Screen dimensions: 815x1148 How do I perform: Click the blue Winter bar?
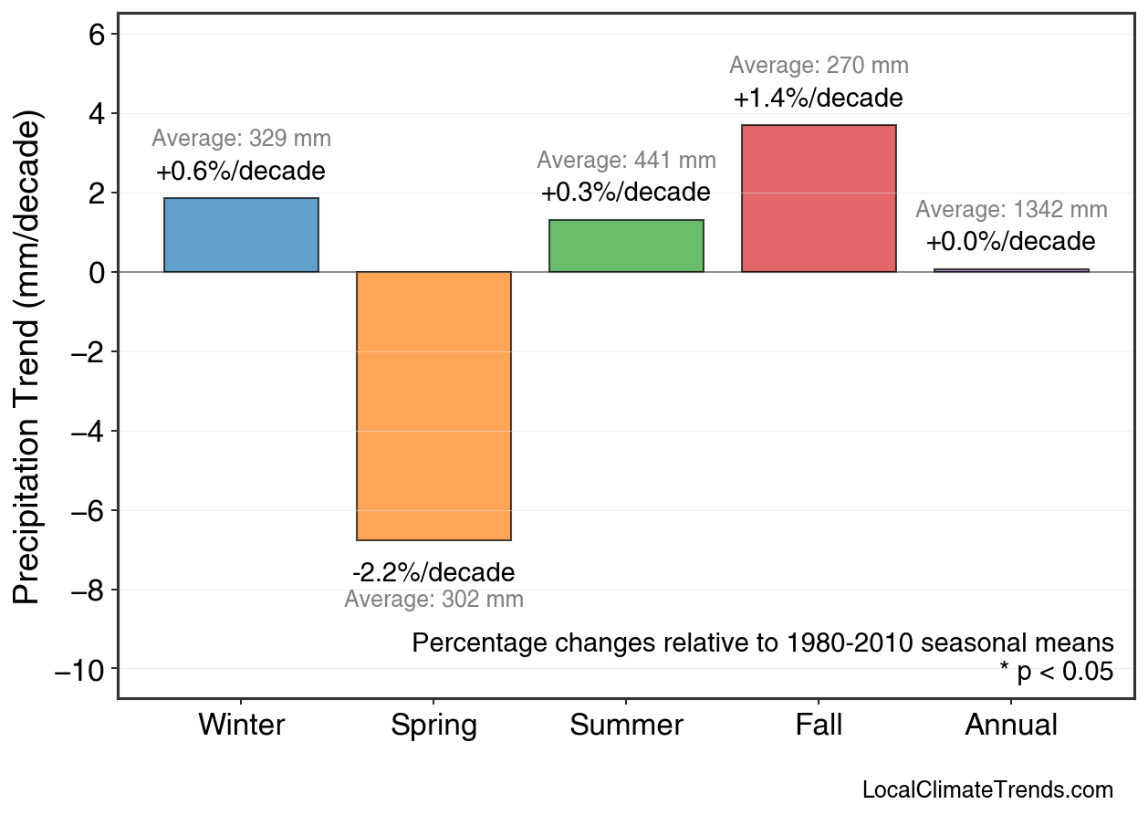241,235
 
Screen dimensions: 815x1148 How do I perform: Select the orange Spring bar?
433,406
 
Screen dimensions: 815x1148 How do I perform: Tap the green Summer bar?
626,246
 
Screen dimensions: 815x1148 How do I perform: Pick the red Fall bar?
819,198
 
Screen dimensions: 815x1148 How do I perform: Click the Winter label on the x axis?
241,726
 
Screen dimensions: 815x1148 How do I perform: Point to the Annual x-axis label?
1011,726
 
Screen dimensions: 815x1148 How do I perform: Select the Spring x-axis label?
433,726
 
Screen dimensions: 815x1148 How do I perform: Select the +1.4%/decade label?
818,98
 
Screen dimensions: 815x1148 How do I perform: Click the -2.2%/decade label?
433,572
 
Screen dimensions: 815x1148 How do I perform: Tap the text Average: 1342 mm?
1011,210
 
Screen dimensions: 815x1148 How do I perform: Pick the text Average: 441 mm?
626,161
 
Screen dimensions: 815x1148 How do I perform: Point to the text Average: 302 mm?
433,600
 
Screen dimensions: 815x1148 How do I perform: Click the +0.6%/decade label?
240,171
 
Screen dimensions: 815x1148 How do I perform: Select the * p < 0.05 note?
1056,672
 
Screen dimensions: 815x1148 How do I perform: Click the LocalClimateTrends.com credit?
987,789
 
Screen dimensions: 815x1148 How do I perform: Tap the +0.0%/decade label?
1010,242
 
